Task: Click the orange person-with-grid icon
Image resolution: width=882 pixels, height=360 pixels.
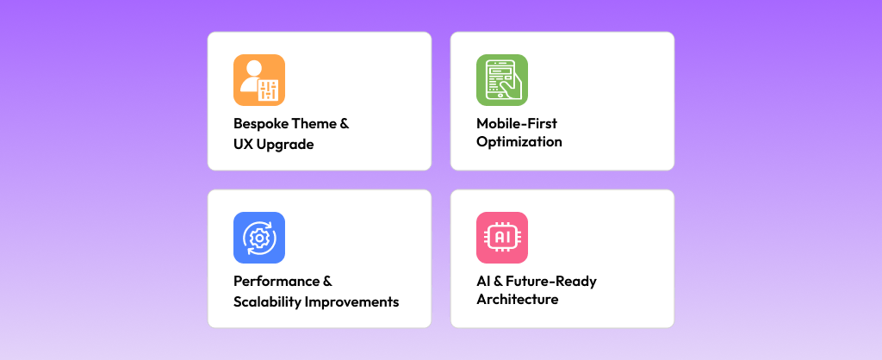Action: tap(258, 80)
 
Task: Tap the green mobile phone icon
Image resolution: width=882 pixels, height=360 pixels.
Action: tap(501, 80)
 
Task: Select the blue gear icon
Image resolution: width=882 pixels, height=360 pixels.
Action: tap(258, 238)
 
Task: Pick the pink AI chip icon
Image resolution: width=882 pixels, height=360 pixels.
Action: tap(501, 238)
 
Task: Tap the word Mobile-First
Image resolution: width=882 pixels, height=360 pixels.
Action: tap(517, 123)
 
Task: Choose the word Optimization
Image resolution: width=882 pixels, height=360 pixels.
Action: tap(519, 142)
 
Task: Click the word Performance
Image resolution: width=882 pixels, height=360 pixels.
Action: tap(272, 281)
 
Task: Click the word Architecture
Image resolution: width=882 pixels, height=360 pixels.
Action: tap(517, 300)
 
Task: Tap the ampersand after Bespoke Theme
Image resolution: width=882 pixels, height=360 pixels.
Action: tap(345, 123)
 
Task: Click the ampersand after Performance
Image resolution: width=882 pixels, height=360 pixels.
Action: tap(327, 281)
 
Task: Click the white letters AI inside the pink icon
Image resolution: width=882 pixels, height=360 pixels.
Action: tap(501, 237)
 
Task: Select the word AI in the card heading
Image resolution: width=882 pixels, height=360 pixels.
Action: tap(483, 281)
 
